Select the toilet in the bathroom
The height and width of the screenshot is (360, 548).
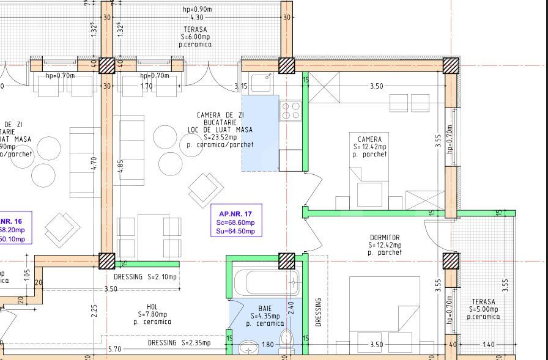point(285,339)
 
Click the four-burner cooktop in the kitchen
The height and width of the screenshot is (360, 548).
point(290,111)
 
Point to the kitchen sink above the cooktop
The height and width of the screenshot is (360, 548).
point(261,83)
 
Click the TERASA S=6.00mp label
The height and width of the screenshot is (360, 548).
point(195,37)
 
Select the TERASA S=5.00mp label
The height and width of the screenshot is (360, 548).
point(483,309)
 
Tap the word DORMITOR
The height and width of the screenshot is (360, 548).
point(385,237)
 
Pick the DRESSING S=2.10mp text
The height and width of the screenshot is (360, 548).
point(145,277)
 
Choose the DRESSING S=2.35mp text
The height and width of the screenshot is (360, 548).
point(179,343)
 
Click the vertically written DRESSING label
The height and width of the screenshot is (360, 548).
point(318,312)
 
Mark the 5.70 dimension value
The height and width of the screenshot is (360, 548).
point(114,349)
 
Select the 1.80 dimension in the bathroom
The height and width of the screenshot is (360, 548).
point(268,345)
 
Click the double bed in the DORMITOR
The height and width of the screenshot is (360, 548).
point(384,315)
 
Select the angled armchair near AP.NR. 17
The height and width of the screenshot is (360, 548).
point(206,190)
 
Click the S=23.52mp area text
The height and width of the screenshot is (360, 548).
point(220,138)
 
